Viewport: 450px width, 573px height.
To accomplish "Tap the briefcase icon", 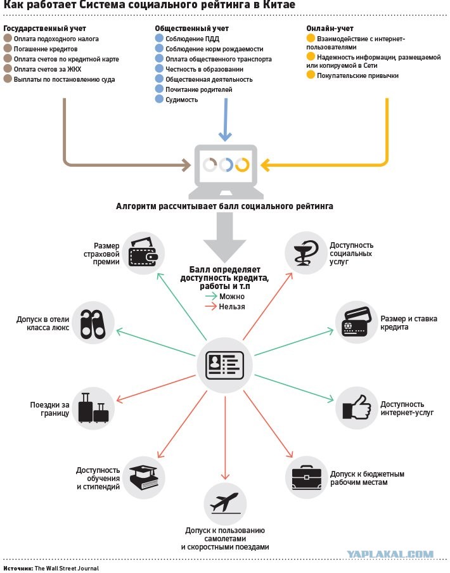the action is (307, 477).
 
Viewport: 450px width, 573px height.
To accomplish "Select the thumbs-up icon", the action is (356, 407).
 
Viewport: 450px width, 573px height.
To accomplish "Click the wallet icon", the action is (143, 253).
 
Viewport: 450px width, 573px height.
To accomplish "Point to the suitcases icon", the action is (94, 408).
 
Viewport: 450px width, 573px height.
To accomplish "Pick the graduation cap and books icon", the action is (143, 478).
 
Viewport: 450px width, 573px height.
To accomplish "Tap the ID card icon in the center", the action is (224, 365).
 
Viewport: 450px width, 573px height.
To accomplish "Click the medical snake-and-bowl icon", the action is (305, 252).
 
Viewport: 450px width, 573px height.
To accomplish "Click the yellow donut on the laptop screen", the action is (242, 165).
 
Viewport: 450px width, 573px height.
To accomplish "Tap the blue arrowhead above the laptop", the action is (225, 137).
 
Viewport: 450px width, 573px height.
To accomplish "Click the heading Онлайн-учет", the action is (330, 29).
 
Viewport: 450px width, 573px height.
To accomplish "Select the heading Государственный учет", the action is (44, 29).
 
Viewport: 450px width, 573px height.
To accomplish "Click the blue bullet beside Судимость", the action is (159, 99).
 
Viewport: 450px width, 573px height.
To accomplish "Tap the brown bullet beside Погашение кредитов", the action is (8, 48).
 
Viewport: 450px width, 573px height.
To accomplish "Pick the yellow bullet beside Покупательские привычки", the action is (311, 75).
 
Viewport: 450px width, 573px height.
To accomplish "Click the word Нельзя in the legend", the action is (232, 307).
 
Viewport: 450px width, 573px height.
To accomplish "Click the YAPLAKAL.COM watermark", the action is (390, 554).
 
